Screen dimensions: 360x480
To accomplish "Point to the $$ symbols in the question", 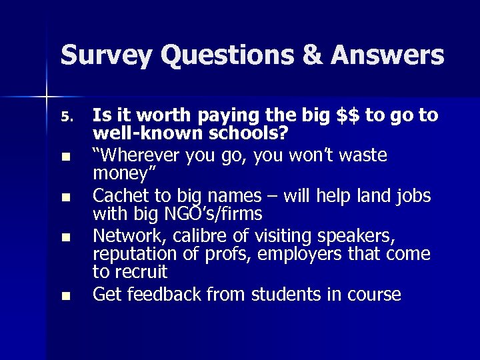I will point(347,116).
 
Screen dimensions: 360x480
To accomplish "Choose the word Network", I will point(123,236).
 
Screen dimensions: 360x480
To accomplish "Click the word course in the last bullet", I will point(378,294).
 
